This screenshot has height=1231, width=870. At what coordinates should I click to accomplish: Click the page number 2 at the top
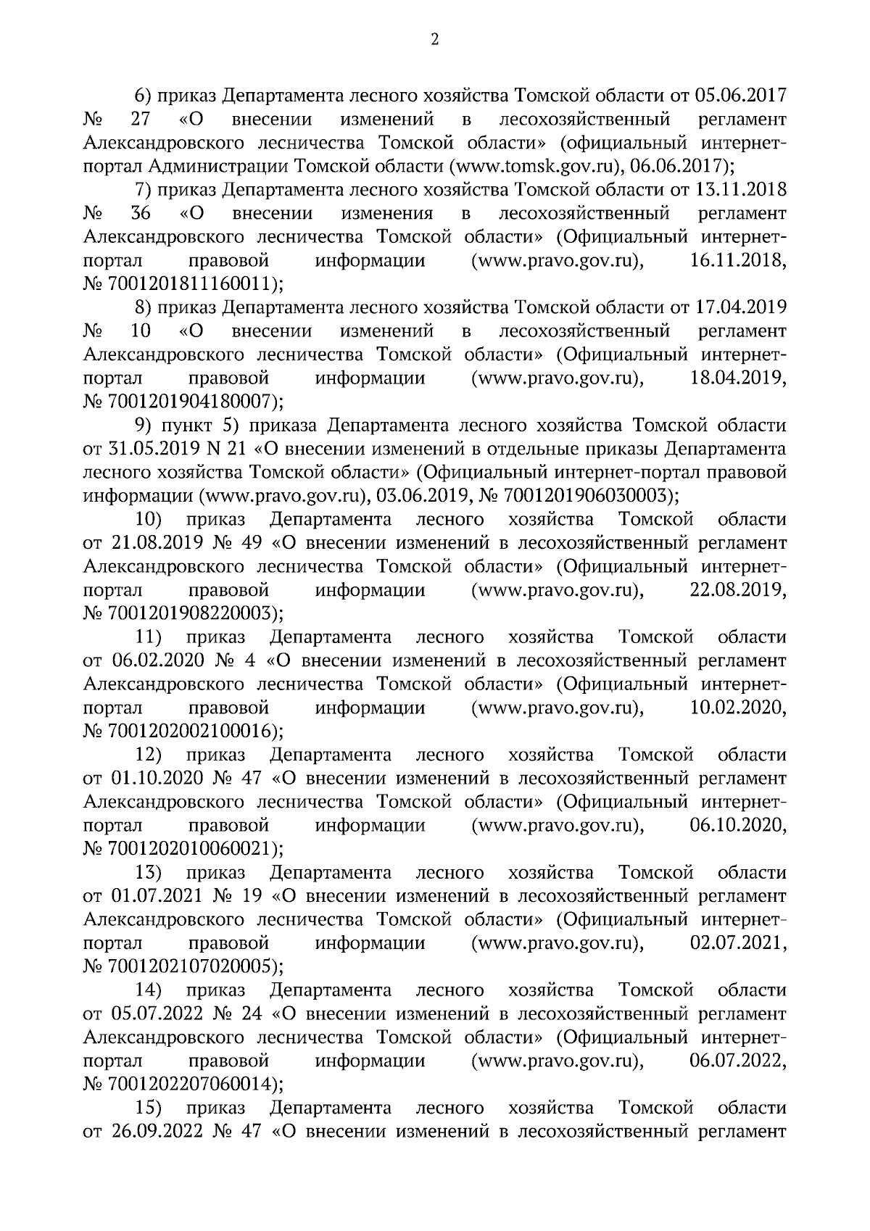(x=435, y=41)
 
